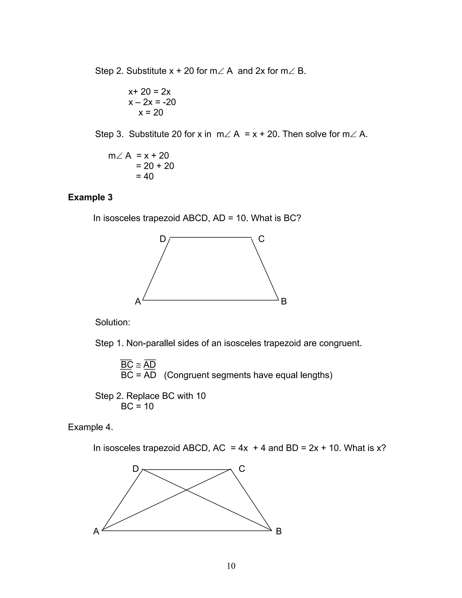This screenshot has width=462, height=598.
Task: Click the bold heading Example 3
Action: coord(90,197)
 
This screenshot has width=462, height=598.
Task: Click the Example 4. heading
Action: coord(90,427)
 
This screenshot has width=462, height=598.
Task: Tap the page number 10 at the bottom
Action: coord(231,566)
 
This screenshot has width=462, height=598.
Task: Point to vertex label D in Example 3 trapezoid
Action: coord(163,239)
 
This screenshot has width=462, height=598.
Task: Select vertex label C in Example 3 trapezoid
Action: coord(261,239)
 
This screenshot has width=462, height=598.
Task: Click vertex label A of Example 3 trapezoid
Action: coord(138,301)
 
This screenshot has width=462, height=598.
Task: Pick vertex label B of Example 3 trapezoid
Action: coord(284,301)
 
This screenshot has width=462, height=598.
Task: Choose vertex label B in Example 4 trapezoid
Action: coord(279,531)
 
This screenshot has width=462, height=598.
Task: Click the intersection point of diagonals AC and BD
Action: coord(186,490)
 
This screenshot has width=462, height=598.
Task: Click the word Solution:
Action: coord(113,322)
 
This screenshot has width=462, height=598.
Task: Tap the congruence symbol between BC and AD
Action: coord(139,365)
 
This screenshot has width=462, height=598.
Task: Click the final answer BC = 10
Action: coord(137,406)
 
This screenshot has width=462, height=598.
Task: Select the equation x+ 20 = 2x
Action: coord(149,91)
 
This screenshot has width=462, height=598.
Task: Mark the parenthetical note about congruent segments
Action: coord(248,375)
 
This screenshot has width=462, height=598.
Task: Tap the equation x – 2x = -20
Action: coord(152,102)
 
